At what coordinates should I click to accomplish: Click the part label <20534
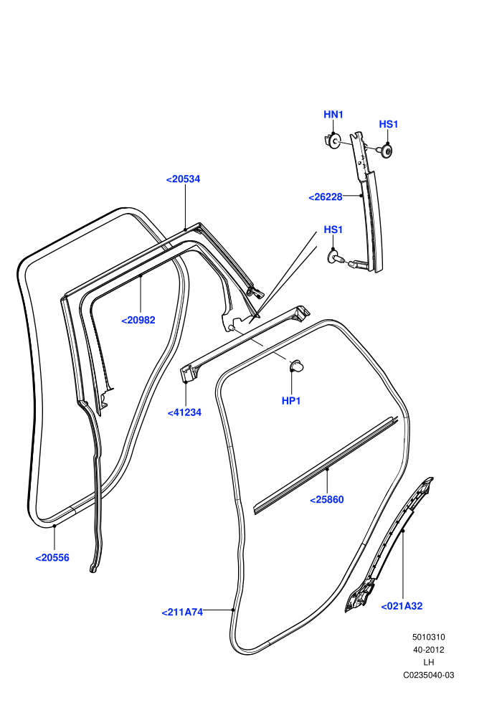(183, 179)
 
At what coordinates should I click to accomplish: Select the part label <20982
(138, 320)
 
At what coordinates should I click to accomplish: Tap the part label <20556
(52, 558)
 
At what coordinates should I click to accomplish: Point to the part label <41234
(184, 412)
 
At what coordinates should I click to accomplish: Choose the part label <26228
(326, 197)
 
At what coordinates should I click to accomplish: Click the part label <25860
(327, 499)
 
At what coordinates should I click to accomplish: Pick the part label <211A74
(182, 612)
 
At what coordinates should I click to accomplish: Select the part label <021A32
(402, 606)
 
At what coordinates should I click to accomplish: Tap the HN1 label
(333, 115)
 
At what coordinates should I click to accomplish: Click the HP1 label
(291, 401)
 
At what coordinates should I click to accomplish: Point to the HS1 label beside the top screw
(389, 124)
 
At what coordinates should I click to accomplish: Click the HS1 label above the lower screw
(333, 229)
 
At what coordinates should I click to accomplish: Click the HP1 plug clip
(296, 365)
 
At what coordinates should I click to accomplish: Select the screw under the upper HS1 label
(385, 150)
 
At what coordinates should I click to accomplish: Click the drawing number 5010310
(428, 637)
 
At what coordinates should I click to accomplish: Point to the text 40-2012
(428, 650)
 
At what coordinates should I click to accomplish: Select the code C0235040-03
(428, 675)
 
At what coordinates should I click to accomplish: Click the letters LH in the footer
(429, 663)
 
